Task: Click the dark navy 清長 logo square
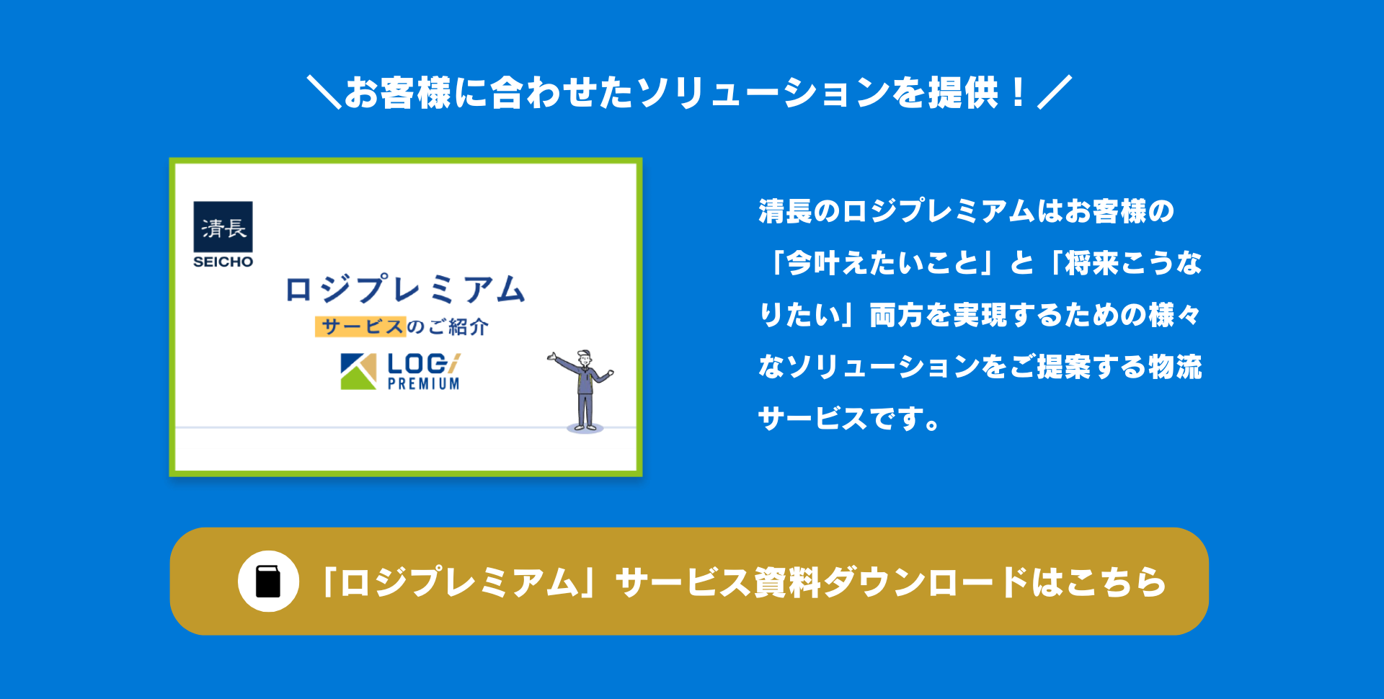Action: [223, 226]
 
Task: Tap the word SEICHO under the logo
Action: [223, 262]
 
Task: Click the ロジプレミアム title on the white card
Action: [405, 289]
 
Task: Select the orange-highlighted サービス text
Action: [361, 326]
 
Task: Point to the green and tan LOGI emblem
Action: [358, 371]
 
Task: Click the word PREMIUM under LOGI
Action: [424, 384]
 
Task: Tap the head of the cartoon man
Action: [584, 357]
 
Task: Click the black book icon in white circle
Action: [268, 582]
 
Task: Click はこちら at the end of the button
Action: [1099, 582]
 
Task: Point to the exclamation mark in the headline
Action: [1018, 92]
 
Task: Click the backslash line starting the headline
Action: [324, 92]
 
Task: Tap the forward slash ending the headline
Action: [1055, 92]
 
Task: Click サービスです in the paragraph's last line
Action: [840, 419]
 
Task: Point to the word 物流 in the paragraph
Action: [1175, 367]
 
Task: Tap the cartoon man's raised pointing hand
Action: [552, 356]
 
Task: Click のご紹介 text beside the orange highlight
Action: [448, 326]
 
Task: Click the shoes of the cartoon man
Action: [585, 428]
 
